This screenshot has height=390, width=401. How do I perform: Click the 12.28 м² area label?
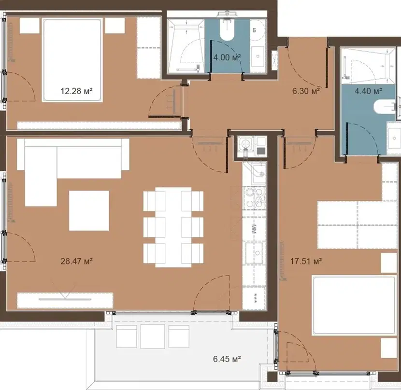(x=76, y=91)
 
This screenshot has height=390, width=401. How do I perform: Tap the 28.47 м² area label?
(x=76, y=261)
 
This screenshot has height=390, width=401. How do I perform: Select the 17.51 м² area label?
(x=306, y=261)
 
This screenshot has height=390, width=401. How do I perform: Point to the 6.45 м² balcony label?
(x=227, y=359)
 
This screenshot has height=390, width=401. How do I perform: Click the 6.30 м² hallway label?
(x=306, y=91)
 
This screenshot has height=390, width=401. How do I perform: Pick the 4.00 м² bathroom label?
(x=227, y=57)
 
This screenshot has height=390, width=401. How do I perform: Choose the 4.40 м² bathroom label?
(x=369, y=91)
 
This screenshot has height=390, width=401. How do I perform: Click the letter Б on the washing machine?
(x=255, y=30)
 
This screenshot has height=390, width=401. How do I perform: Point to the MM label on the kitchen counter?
(x=254, y=229)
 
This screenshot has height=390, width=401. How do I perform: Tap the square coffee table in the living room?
(x=89, y=210)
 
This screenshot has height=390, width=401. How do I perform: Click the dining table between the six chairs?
(x=173, y=227)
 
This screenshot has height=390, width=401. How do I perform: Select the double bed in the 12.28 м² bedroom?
(x=72, y=60)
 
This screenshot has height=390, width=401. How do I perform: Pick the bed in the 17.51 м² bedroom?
(x=354, y=305)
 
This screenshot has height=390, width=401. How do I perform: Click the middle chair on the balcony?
(x=152, y=336)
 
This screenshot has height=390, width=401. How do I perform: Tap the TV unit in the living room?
(x=65, y=300)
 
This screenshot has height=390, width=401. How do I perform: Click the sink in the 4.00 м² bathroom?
(x=258, y=56)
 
